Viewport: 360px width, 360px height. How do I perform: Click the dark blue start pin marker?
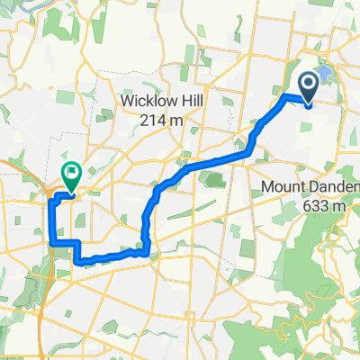(308, 88)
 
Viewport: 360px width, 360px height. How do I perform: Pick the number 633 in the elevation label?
(309, 204)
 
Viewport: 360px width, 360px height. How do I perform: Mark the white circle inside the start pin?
(308, 85)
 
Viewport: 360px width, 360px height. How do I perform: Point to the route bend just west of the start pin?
(285, 95)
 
